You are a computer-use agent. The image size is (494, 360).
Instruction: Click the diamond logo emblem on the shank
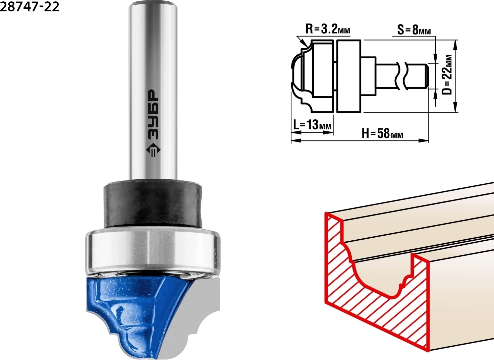153,151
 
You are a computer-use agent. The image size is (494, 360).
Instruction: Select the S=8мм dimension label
414,30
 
